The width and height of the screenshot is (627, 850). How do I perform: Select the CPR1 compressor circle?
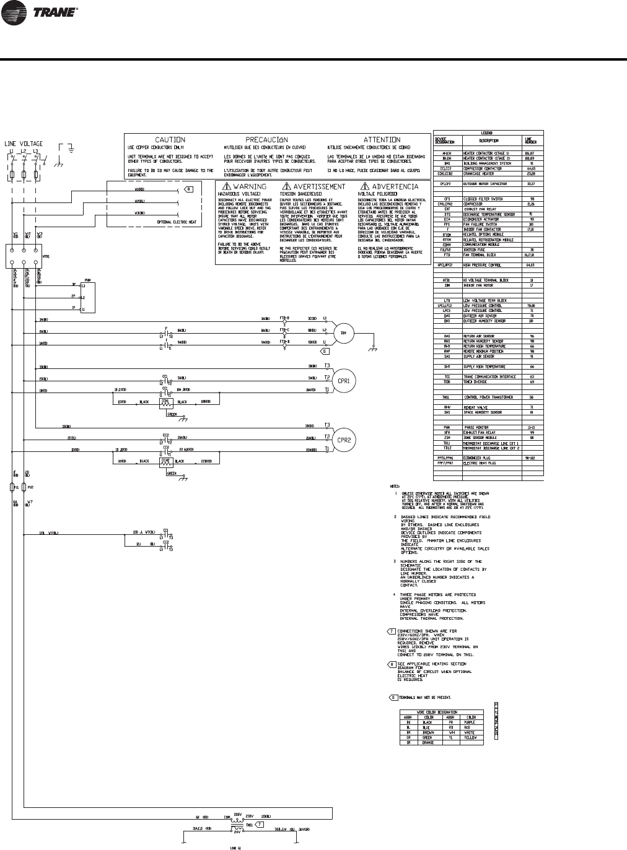tap(343, 380)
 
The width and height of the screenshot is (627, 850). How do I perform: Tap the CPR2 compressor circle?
tap(343, 441)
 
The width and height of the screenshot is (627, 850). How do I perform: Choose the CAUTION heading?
tap(170, 140)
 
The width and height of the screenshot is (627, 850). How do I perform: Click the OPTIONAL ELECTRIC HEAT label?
tap(177, 221)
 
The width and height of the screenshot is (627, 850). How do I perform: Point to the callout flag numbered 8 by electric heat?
tap(190, 189)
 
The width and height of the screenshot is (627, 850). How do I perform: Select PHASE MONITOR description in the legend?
tap(477, 427)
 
